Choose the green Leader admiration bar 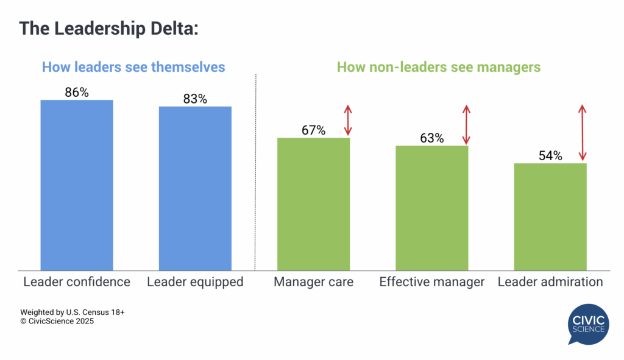pos(550,216)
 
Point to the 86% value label pos(77,93)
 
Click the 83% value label pos(195,99)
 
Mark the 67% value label pos(313,130)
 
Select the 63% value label pos(431,138)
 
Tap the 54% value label pos(550,155)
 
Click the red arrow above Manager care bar pos(347,121)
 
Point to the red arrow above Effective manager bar pos(466,125)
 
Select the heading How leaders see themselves pos(133,67)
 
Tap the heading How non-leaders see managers pos(439,67)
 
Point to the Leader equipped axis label pos(195,282)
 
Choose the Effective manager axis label pos(431,282)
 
